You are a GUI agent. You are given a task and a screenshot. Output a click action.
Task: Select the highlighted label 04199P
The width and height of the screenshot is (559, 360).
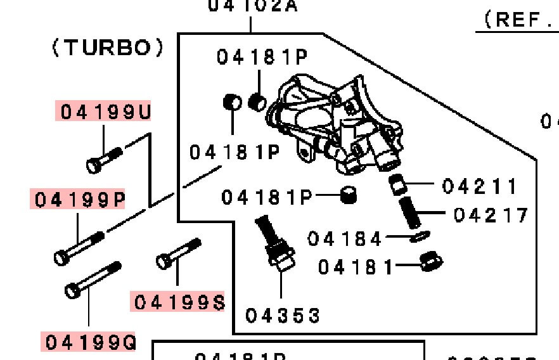click(x=80, y=200)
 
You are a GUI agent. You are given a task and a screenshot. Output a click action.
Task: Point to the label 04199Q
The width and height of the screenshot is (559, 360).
click(x=90, y=342)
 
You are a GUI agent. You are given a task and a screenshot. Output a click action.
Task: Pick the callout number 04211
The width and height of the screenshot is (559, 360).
click(x=480, y=186)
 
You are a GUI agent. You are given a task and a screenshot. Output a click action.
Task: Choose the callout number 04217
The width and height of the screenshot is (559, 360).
click(x=491, y=215)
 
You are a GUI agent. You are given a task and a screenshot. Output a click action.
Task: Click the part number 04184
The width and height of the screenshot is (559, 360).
click(x=345, y=239)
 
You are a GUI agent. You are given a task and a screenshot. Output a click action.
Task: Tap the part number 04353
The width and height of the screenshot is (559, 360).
click(x=283, y=315)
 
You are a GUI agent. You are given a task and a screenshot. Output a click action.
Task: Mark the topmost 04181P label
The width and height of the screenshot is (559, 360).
click(x=262, y=57)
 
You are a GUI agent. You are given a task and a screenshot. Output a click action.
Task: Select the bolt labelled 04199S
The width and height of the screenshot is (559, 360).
click(x=179, y=253)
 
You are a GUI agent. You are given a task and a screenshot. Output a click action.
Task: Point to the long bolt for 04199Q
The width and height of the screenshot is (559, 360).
click(x=93, y=280)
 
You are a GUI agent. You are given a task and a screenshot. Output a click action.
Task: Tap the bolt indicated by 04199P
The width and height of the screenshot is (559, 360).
click(x=79, y=248)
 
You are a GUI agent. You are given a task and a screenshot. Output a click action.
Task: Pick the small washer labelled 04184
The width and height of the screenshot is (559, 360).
click(x=418, y=236)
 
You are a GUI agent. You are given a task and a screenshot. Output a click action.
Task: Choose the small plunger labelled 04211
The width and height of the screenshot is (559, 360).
click(x=397, y=185)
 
